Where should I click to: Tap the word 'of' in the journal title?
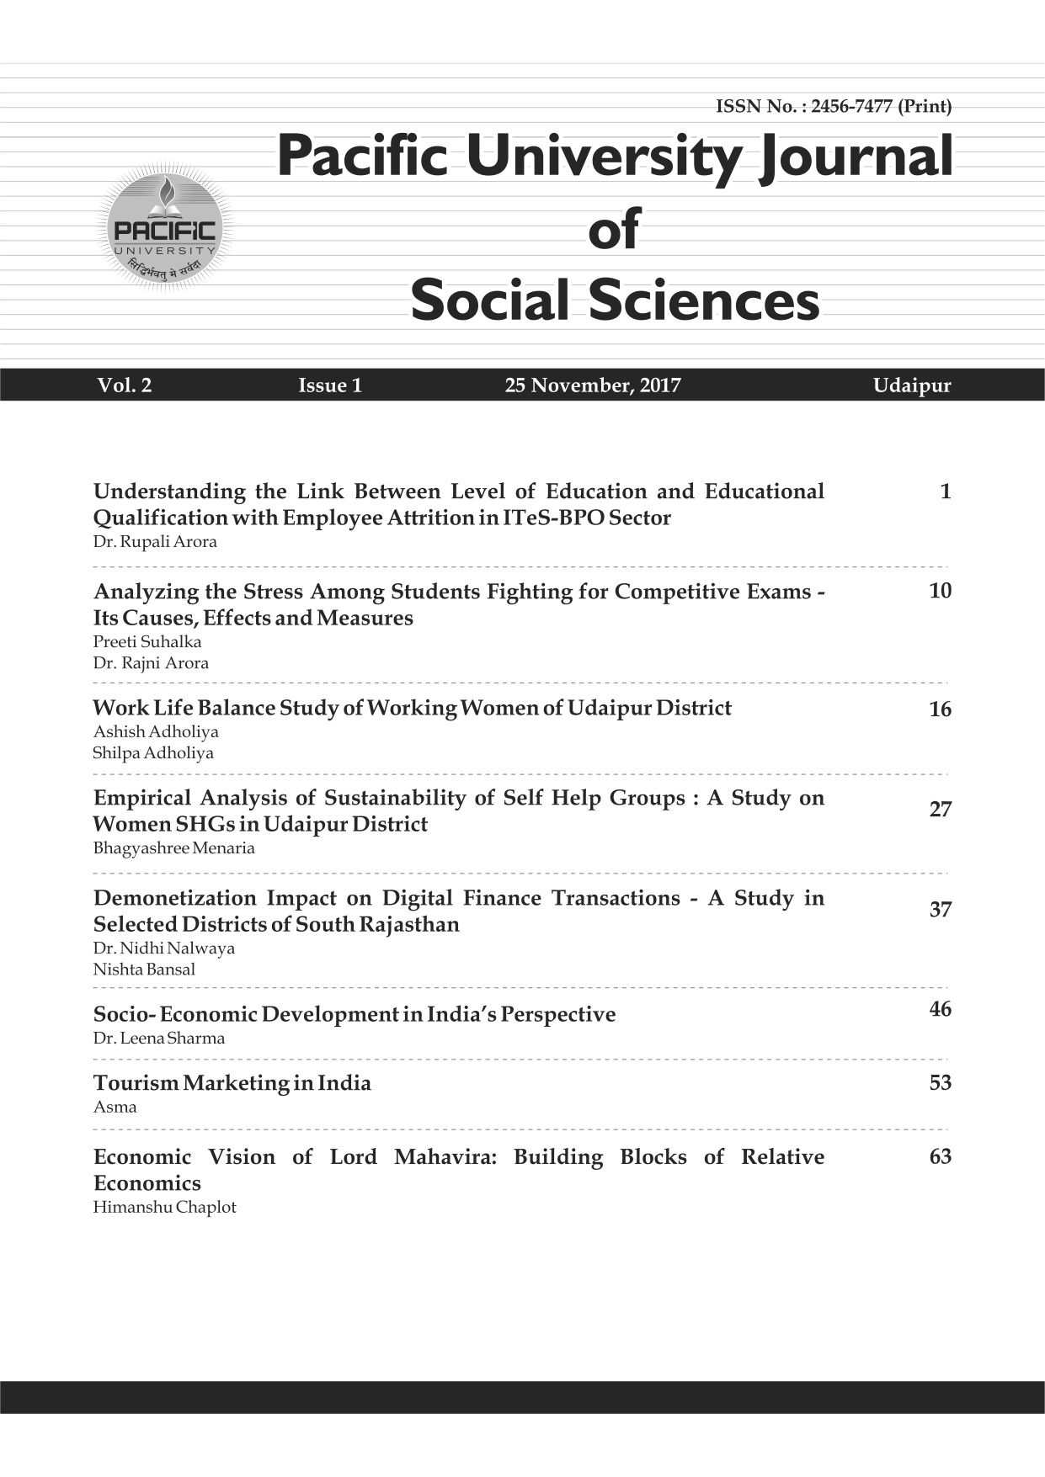click(614, 229)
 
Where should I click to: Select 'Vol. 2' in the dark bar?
click(124, 386)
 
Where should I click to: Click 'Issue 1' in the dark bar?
click(330, 386)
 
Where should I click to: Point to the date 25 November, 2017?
click(592, 386)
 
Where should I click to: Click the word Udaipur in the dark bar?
click(911, 386)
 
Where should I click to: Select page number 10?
click(940, 592)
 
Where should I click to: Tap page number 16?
click(940, 710)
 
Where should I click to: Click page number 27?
click(940, 810)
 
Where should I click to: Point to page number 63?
click(940, 1157)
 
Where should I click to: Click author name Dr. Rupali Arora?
click(155, 542)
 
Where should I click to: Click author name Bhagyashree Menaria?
click(173, 848)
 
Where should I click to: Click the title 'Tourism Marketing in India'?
click(232, 1083)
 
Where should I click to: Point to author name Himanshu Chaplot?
click(164, 1208)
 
